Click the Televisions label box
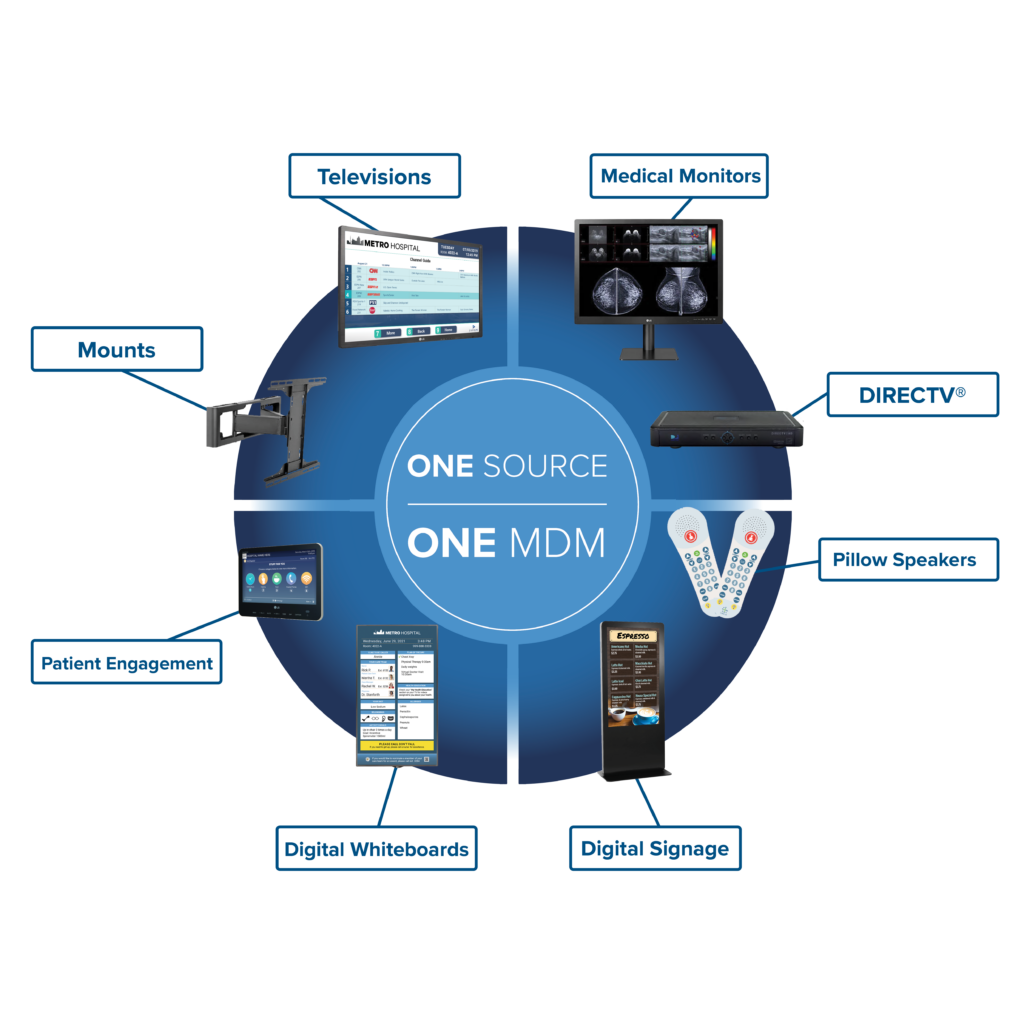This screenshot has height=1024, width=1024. click(375, 176)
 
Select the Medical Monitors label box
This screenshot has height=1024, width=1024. click(680, 177)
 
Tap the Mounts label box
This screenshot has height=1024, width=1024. click(117, 349)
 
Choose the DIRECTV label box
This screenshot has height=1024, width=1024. click(912, 394)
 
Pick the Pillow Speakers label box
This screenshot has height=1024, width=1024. click(904, 559)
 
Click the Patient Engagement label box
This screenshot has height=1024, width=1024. click(126, 662)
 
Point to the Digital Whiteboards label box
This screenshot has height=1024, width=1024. click(376, 849)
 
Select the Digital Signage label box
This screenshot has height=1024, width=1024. click(655, 848)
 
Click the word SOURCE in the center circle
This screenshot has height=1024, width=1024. click(557, 466)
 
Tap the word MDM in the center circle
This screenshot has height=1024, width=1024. click(556, 543)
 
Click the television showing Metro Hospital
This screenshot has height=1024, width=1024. click(410, 286)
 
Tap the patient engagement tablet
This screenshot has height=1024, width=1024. click(279, 581)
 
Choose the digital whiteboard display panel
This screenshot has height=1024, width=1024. click(396, 695)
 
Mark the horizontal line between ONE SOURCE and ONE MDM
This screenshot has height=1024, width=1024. click(507, 505)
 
